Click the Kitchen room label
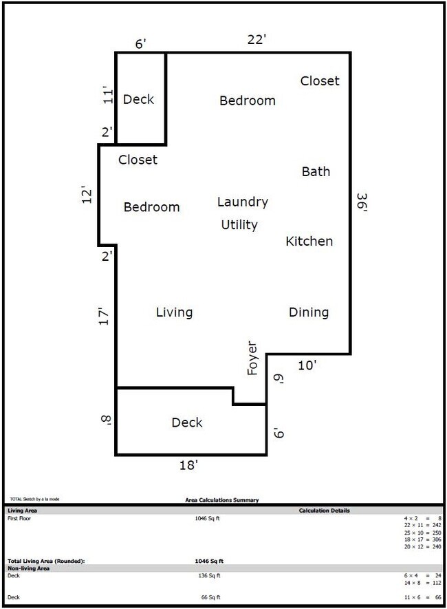(x=309, y=242)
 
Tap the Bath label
(x=316, y=172)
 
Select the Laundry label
(x=242, y=202)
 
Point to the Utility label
(x=239, y=225)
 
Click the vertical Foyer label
(x=252, y=358)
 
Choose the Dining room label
(x=308, y=312)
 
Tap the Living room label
(x=174, y=312)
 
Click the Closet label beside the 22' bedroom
(x=320, y=81)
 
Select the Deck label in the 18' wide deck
(x=187, y=423)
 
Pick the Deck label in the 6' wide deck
(x=138, y=100)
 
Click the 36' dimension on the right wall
(x=362, y=204)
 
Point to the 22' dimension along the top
(x=257, y=41)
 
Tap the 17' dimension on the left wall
(x=104, y=317)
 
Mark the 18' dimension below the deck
(x=188, y=466)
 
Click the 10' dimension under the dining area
(x=307, y=365)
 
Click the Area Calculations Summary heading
(x=222, y=500)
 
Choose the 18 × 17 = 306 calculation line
(x=422, y=539)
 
